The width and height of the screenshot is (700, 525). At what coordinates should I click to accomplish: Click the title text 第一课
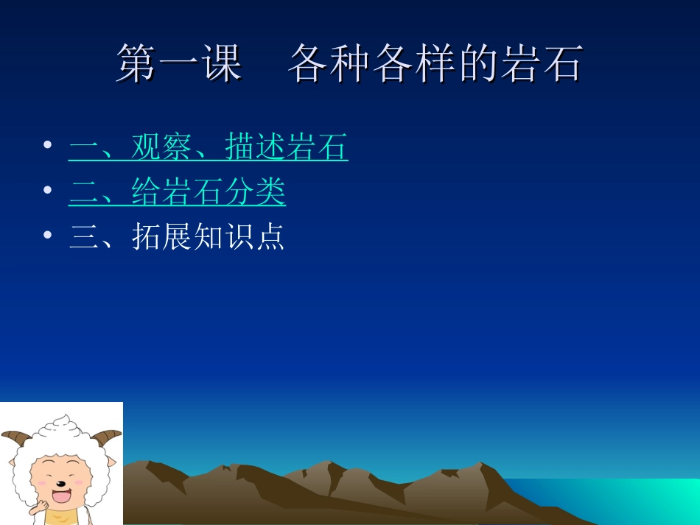pos(179,63)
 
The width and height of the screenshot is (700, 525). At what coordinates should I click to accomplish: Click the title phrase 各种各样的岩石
pos(435,63)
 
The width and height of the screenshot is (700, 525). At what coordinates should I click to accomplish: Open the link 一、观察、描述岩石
pos(209,148)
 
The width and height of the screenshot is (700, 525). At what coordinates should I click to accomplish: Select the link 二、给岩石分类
pos(177,193)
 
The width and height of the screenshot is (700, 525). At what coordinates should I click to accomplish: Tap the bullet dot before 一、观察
pos(48,145)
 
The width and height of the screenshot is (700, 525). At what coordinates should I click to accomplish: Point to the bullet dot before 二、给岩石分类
pos(48,190)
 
